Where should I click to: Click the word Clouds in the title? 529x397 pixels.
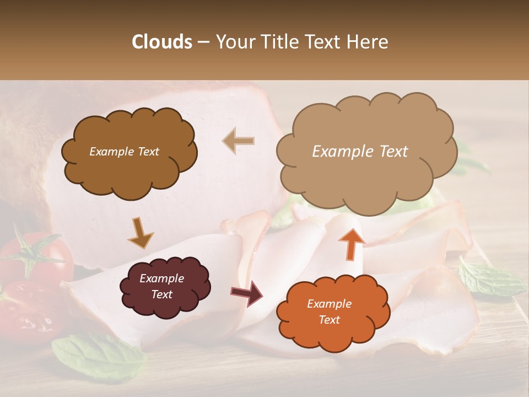tap(162, 42)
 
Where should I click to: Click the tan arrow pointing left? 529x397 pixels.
tap(238, 141)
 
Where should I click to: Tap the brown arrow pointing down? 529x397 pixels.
tap(140, 233)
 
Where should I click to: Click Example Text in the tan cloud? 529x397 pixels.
tap(360, 152)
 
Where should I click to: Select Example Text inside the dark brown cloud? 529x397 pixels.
tap(124, 152)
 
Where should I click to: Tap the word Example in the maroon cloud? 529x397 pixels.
tap(161, 278)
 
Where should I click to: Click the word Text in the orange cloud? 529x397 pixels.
tap(330, 320)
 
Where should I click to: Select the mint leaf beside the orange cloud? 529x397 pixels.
tap(490, 279)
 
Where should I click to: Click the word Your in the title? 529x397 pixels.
tap(234, 42)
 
